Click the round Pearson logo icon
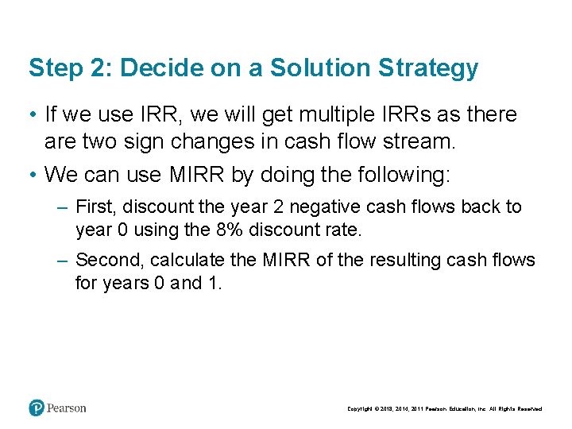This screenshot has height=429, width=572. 37,408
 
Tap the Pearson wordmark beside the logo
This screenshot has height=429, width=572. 67,408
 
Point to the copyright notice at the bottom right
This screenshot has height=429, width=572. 444,409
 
